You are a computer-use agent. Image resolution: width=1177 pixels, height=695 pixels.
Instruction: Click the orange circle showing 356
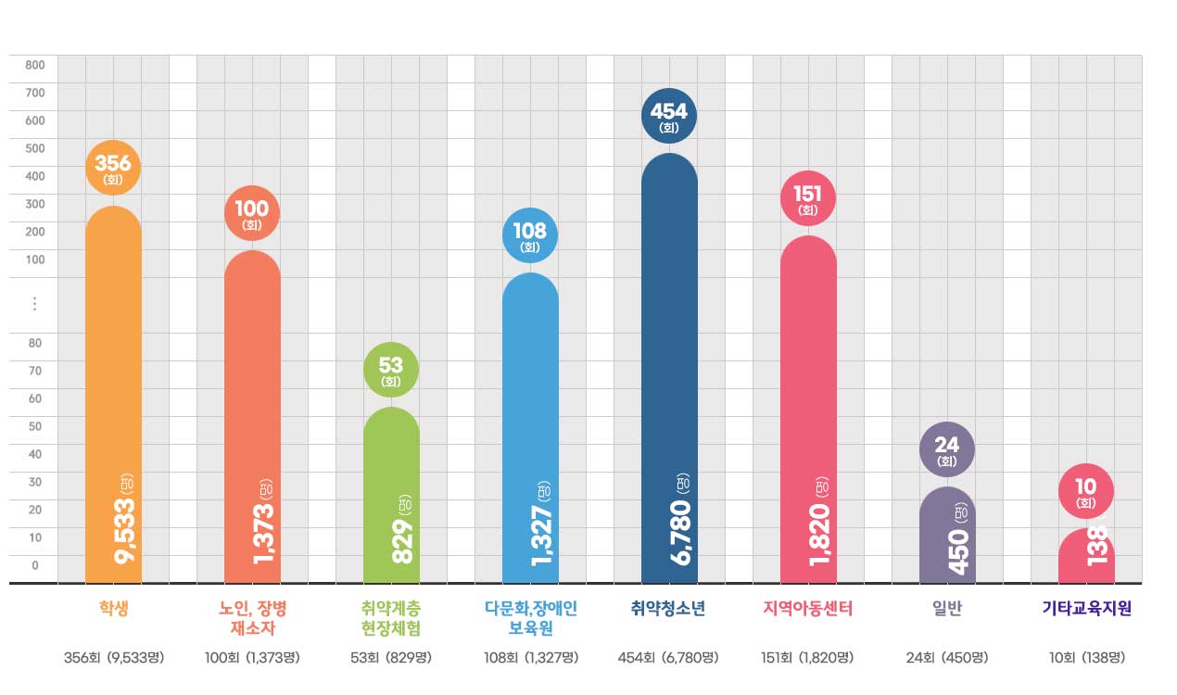[x=113, y=169]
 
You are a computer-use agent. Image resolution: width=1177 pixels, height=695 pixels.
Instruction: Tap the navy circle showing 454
[x=669, y=116]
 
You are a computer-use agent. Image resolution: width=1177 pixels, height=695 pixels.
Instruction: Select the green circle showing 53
[x=391, y=370]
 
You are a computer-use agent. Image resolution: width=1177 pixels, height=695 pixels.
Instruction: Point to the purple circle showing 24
[x=947, y=450]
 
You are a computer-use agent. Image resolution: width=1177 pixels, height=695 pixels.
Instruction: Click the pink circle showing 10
[x=1086, y=491]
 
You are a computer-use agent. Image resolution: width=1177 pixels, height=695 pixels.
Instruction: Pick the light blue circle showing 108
[x=530, y=236]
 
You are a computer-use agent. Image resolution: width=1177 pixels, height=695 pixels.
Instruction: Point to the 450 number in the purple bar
[x=959, y=551]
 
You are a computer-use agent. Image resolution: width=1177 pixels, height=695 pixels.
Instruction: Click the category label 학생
[x=113, y=609]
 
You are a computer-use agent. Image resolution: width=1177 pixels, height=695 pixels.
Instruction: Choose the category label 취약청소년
[x=668, y=609]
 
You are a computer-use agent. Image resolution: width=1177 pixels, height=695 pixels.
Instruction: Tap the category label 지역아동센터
[x=807, y=609]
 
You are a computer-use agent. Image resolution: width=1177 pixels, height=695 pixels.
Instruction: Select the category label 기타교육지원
[x=1086, y=609]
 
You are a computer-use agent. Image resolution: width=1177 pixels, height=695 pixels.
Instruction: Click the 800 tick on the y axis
[x=35, y=65]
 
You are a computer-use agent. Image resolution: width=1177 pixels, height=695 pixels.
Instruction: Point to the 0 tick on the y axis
[x=35, y=565]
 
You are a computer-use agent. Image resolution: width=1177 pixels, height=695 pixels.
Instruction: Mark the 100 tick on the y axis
[x=35, y=259]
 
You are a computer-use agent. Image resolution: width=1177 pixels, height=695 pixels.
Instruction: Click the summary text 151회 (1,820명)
[x=807, y=658]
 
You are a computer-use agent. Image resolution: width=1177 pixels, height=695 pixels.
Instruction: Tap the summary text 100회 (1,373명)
[x=252, y=658]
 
